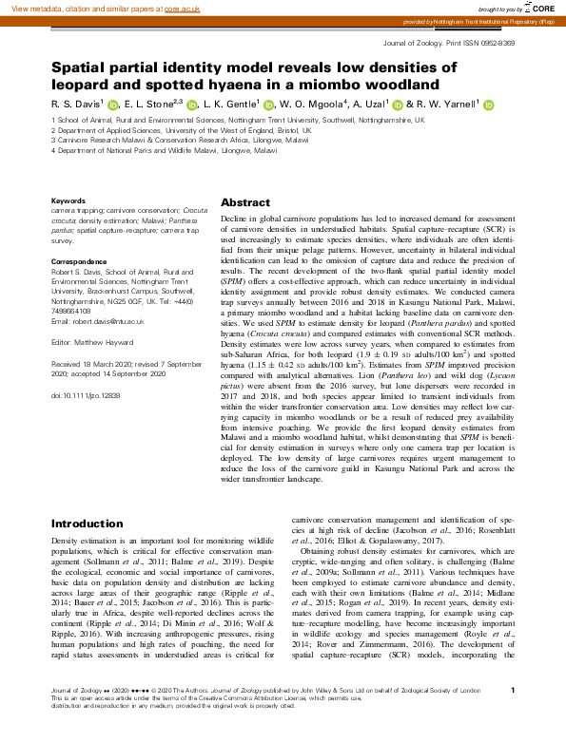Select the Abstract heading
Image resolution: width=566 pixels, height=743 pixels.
(x=246, y=203)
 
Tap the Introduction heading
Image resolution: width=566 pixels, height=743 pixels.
(x=87, y=524)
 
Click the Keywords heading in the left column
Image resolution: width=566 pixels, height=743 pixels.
(x=68, y=200)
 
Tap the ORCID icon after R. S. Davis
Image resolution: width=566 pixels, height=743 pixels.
(x=112, y=105)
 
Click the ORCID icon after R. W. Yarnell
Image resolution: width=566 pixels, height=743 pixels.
(x=488, y=105)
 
